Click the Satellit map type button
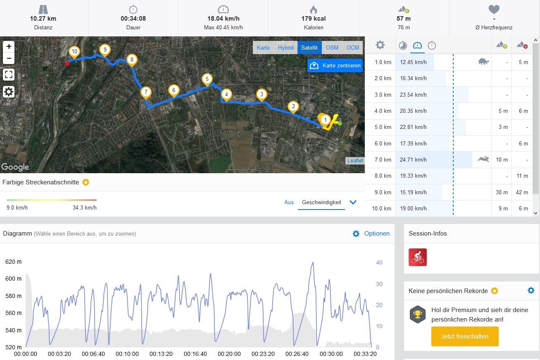[309, 48]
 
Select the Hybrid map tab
[285, 48]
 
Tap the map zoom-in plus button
[9, 46]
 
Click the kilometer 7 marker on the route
[145, 92]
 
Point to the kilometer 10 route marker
[74, 52]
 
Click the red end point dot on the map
[67, 63]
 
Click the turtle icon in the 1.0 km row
[483, 62]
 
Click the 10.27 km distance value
[43, 19]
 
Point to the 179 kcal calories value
[313, 19]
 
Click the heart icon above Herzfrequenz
[494, 9]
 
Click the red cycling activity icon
[417, 257]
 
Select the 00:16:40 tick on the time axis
[195, 354]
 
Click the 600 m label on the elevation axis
[14, 279]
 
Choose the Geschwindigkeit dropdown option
[321, 202]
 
